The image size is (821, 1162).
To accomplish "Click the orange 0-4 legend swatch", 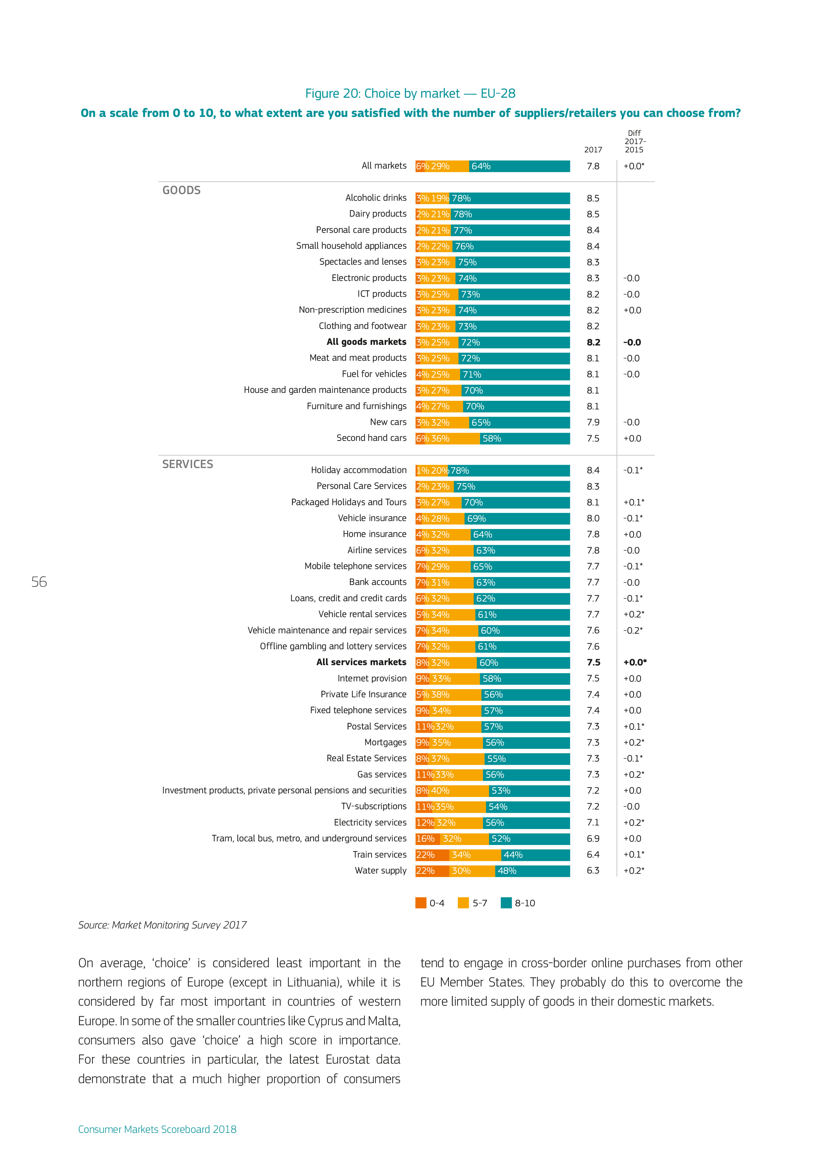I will (x=420, y=903).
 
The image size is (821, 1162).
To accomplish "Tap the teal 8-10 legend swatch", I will (x=506, y=903).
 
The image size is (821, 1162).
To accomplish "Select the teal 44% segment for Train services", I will (x=535, y=855).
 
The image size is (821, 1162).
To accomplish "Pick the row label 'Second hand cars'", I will (x=371, y=438).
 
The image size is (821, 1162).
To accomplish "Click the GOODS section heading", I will (x=181, y=190).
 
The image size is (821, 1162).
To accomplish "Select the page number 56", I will (x=39, y=582).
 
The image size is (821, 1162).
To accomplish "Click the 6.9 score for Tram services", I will (x=593, y=839).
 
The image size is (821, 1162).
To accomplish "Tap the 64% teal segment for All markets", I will (x=519, y=166).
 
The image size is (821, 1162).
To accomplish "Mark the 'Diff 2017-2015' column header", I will (x=634, y=141).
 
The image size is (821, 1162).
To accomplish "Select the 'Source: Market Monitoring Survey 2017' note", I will (x=162, y=925).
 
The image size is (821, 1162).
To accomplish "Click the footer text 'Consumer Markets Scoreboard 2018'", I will (x=157, y=1129).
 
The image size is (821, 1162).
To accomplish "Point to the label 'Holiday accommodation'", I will (x=358, y=470).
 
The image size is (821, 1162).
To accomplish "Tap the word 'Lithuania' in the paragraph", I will (x=313, y=982).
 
